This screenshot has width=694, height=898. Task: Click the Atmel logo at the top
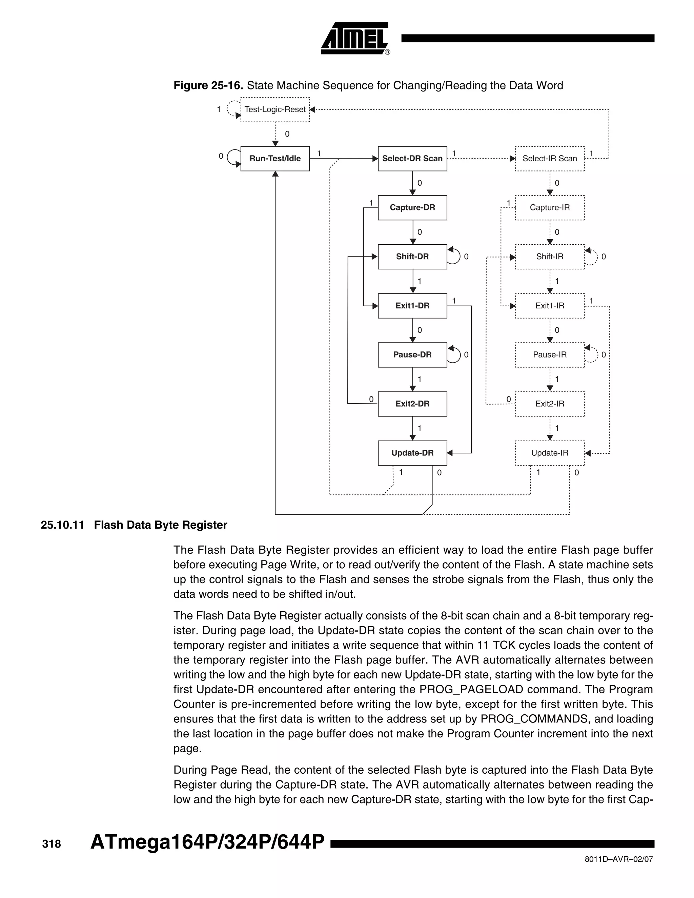(354, 38)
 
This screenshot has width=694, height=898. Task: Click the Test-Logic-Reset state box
(275, 109)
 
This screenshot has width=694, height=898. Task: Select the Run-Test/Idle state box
(275, 159)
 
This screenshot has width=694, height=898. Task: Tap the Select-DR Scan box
(412, 159)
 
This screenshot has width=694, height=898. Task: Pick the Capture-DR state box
(412, 208)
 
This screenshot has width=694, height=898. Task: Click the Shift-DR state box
(412, 257)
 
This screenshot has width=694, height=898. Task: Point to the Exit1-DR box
(412, 306)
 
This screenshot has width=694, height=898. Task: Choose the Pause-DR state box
(412, 355)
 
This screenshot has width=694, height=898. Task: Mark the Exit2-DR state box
(412, 404)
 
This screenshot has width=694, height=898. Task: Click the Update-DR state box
(412, 453)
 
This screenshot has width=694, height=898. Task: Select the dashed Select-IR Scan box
(550, 159)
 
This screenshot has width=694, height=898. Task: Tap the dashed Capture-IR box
(550, 208)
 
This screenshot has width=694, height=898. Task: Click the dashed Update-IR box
(550, 453)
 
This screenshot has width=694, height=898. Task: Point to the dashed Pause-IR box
(550, 355)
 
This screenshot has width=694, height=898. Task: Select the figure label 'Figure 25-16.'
(208, 85)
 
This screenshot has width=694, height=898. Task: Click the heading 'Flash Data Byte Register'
(160, 525)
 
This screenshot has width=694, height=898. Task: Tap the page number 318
(52, 844)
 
